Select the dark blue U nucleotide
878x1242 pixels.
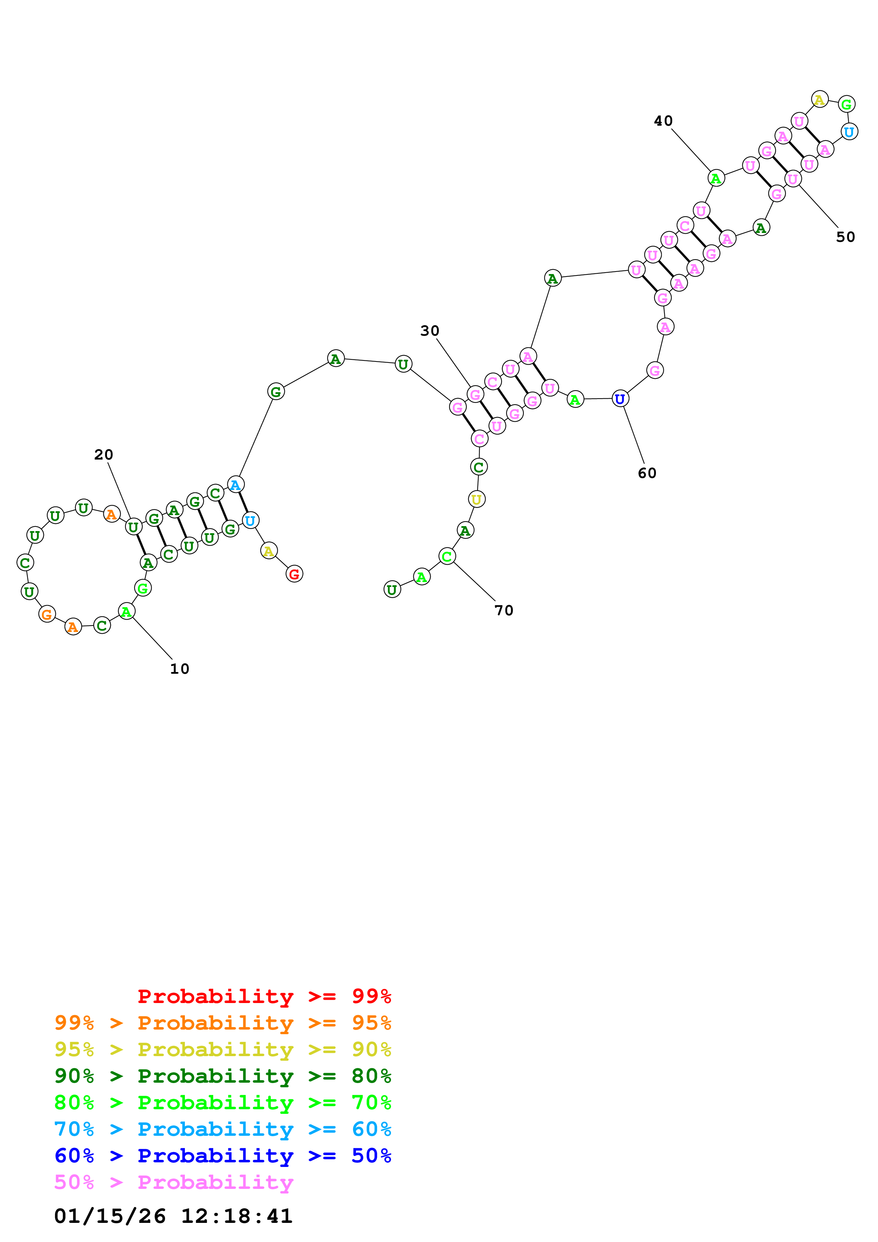(620, 399)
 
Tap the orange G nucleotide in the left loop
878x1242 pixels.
(47, 614)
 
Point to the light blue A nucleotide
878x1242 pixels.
(235, 485)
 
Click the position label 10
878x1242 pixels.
(180, 669)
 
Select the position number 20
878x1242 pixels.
(103, 455)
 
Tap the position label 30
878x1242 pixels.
(430, 331)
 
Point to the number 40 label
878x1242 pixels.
(663, 121)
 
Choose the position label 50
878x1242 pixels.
(845, 237)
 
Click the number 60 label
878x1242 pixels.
(647, 473)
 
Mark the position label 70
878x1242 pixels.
(504, 611)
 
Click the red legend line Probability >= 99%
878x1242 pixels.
(264, 996)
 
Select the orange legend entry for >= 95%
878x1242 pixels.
(222, 1023)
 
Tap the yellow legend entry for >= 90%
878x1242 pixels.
(222, 1049)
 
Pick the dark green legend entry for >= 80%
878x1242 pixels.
(222, 1076)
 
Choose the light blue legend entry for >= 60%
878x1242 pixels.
(222, 1129)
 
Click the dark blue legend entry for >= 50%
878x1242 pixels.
(222, 1156)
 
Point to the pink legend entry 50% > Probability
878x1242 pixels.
(173, 1182)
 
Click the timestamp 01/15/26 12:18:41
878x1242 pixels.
(173, 1215)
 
